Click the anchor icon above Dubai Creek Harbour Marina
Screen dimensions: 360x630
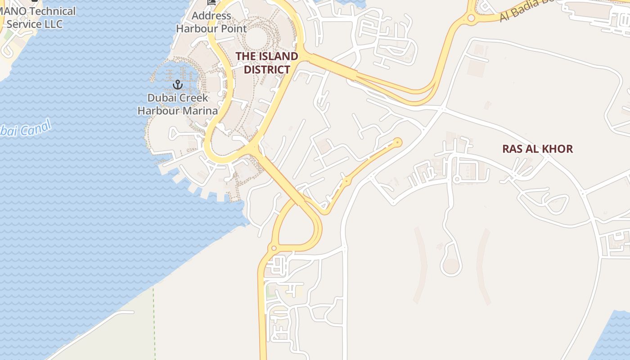click(x=178, y=85)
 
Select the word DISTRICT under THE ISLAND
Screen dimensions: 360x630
click(x=267, y=70)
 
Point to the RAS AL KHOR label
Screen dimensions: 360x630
click(x=537, y=149)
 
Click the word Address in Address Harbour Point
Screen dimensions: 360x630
click(x=211, y=16)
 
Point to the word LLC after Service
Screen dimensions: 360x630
click(x=54, y=24)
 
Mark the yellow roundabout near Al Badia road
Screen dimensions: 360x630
click(x=471, y=18)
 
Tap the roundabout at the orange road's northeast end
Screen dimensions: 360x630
click(x=397, y=143)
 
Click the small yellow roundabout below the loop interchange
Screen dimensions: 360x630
click(x=273, y=248)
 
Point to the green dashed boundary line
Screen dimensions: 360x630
click(x=153, y=315)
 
